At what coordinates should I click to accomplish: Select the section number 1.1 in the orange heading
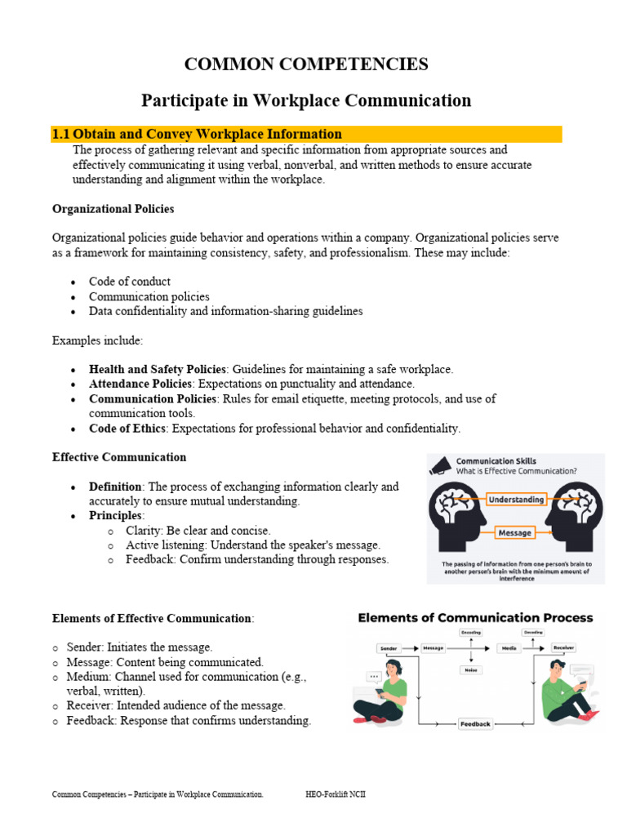coord(61,134)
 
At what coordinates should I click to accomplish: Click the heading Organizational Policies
coord(113,209)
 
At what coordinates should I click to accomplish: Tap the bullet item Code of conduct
coord(130,282)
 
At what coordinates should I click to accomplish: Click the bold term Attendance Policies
coord(140,383)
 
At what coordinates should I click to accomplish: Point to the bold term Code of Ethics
coord(127,428)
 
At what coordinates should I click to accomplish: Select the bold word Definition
coord(115,487)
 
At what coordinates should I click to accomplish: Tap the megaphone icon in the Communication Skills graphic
coord(440,465)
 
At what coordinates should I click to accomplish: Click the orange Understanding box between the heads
coord(516,500)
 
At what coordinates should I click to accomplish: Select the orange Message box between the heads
coord(514,533)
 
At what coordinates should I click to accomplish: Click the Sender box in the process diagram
coord(389,648)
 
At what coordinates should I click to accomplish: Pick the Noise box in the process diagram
coord(471,669)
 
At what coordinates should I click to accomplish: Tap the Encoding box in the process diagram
coord(471,633)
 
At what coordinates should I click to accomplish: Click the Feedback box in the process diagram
coord(475,723)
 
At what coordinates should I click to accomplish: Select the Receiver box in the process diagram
coord(563,647)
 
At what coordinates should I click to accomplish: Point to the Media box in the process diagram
coord(509,648)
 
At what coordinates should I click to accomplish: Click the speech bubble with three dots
coord(375,676)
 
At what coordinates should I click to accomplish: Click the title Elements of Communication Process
coord(475,618)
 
